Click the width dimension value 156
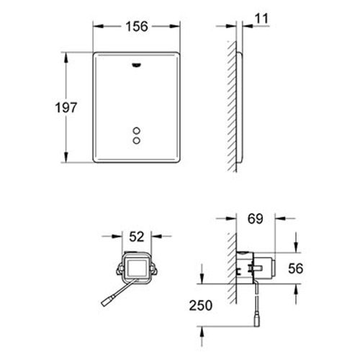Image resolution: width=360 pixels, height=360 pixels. click(137, 26)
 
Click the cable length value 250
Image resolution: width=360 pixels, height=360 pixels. click(202, 305)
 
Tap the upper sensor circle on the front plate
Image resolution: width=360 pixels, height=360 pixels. click(137, 131)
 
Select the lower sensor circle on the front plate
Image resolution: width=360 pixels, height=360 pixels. click(137, 141)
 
